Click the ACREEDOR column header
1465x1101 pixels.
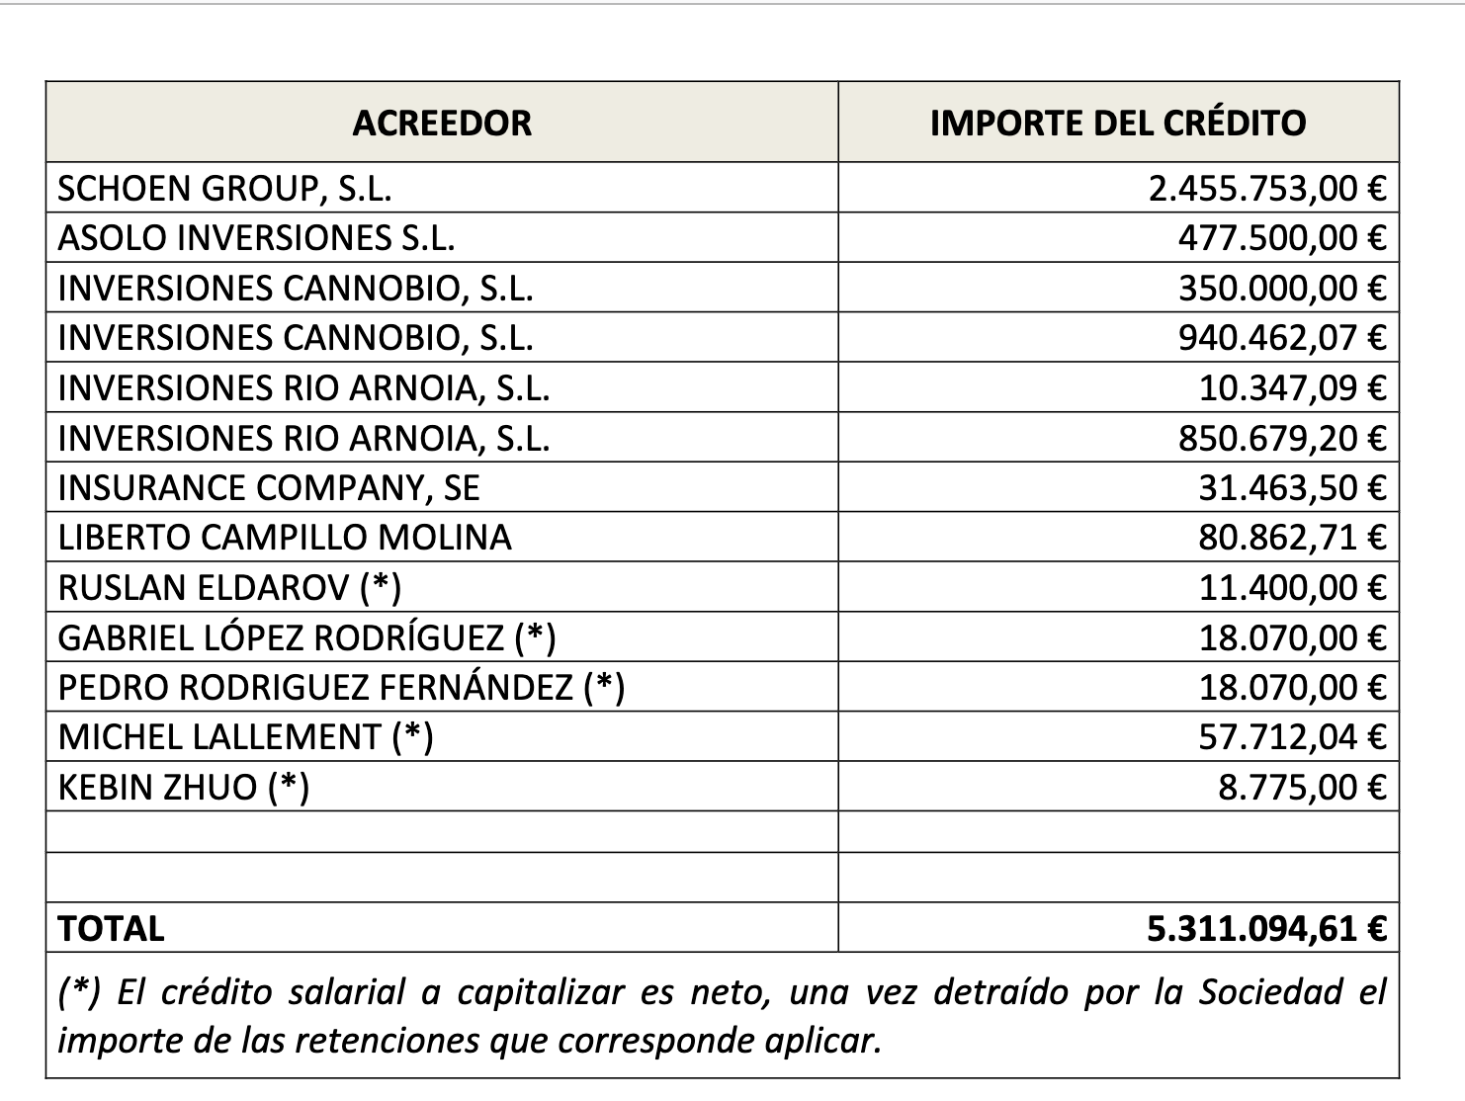pyautogui.click(x=442, y=123)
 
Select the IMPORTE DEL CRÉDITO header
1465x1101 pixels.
pyautogui.click(x=1118, y=123)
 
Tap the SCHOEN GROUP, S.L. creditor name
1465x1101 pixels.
pyautogui.click(x=224, y=188)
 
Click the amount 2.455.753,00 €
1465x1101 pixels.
pyautogui.click(x=1267, y=188)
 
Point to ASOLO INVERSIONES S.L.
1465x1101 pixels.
pyautogui.click(x=256, y=237)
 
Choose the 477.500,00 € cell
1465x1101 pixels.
pyautogui.click(x=1282, y=237)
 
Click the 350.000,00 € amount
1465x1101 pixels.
pyautogui.click(x=1282, y=288)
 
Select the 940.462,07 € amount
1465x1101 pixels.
pyautogui.click(x=1282, y=338)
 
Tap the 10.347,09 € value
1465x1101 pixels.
pyautogui.click(x=1293, y=387)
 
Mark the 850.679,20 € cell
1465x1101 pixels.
pyautogui.click(x=1282, y=438)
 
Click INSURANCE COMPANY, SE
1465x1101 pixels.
pyautogui.click(x=269, y=487)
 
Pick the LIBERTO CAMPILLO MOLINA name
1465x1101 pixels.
pyautogui.click(x=285, y=538)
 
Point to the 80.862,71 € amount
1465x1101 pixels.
pyautogui.click(x=1293, y=538)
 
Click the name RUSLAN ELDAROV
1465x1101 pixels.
pyautogui.click(x=203, y=588)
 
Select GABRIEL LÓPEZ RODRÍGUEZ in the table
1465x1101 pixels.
pyautogui.click(x=281, y=637)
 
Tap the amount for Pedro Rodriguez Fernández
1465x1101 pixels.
pyautogui.click(x=1293, y=687)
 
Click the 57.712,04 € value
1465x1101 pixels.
pyautogui.click(x=1293, y=736)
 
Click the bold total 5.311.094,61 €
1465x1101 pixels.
pyautogui.click(x=1267, y=928)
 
